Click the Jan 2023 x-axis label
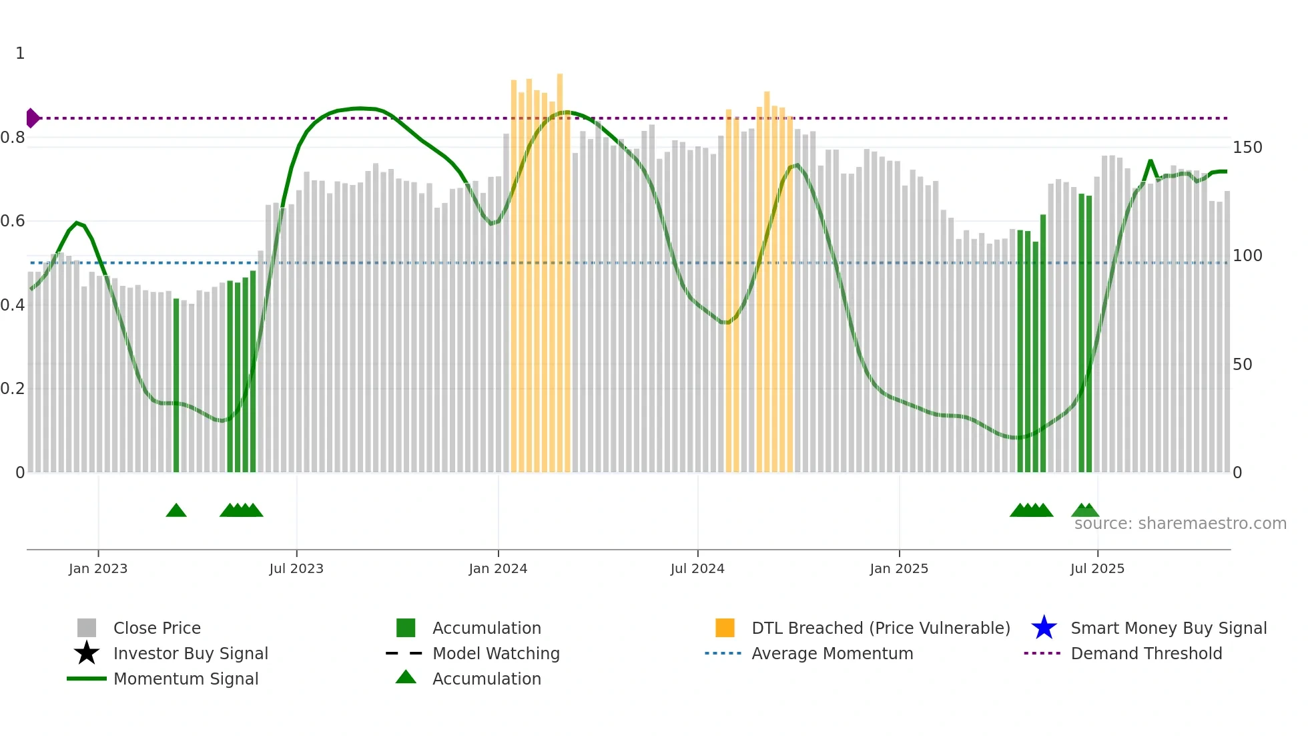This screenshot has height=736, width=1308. coord(98,568)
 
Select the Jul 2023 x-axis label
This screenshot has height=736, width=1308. coord(296,568)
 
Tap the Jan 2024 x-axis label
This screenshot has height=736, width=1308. coord(498,568)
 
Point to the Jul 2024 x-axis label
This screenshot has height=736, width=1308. coord(697,568)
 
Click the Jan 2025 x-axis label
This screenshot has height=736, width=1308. coord(899,568)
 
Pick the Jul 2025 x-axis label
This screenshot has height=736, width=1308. coord(1097,568)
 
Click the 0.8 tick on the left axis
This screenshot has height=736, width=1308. coord(13,138)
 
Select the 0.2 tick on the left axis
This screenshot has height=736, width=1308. coord(13,389)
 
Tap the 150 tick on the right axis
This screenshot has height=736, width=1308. coord(1247,148)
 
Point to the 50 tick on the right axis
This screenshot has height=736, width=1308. coord(1242,365)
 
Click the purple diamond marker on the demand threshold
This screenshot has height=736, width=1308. coord(32,118)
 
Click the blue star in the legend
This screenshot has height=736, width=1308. coord(1044,628)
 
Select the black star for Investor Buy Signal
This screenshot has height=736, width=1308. coord(87,653)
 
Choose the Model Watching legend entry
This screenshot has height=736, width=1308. coord(496,653)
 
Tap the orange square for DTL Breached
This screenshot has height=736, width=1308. coord(725,628)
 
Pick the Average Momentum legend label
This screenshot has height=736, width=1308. coord(832,653)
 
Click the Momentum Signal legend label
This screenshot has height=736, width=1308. coord(186,679)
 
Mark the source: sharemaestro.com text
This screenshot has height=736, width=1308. coord(1180,524)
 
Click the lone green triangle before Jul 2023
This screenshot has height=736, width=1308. coord(176,511)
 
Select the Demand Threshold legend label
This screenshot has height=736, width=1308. coord(1146,653)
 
